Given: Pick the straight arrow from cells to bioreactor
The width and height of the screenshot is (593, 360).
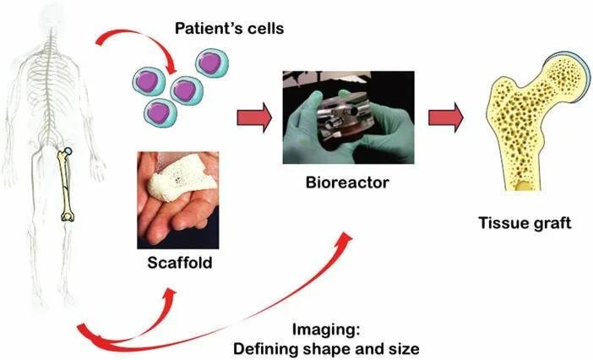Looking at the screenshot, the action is coord(253,118).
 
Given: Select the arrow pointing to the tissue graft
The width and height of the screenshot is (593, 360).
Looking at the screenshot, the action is coord(445,117).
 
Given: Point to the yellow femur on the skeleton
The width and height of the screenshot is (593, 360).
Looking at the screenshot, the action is coord(65,186).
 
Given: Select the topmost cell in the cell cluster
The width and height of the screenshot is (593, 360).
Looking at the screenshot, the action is coord(211,63).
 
